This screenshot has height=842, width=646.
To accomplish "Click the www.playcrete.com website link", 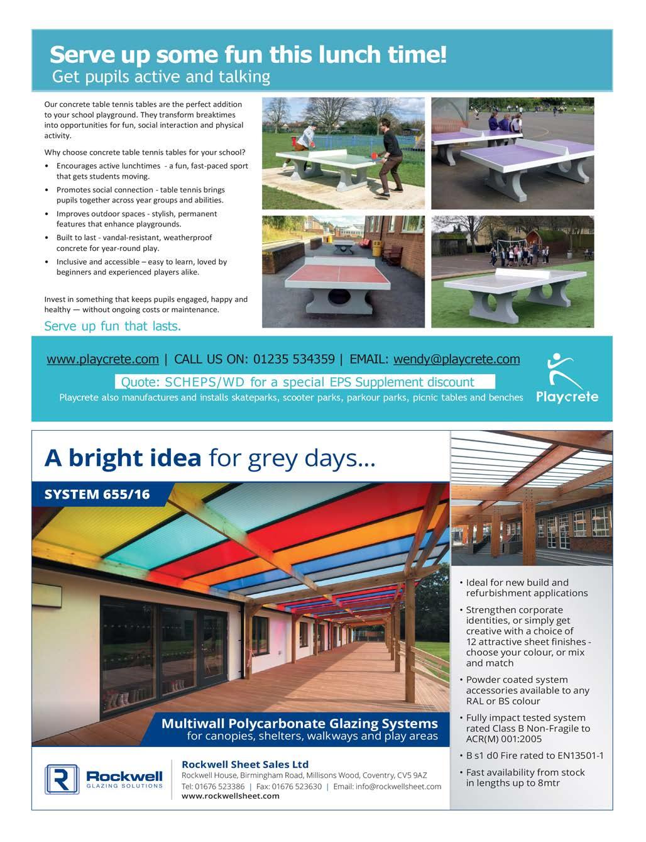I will (x=102, y=360).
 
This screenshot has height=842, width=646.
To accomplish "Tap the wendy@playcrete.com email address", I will (x=456, y=360).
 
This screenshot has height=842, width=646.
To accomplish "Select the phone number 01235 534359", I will (x=293, y=360).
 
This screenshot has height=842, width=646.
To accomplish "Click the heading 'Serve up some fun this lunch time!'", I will (x=248, y=55).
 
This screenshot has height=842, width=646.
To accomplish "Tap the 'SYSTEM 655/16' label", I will (x=97, y=494).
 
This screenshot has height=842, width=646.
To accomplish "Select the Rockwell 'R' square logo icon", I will (x=62, y=780).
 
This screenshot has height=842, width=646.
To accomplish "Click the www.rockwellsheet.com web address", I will (x=230, y=796).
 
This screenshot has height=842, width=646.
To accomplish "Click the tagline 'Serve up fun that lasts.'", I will (x=112, y=326).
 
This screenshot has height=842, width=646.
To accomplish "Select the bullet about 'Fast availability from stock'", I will (x=525, y=778).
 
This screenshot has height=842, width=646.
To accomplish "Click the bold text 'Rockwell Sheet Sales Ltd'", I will (x=245, y=765).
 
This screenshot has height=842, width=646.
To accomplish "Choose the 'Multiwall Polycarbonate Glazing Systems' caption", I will (x=300, y=724).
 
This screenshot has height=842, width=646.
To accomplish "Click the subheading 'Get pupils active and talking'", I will (x=161, y=77).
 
